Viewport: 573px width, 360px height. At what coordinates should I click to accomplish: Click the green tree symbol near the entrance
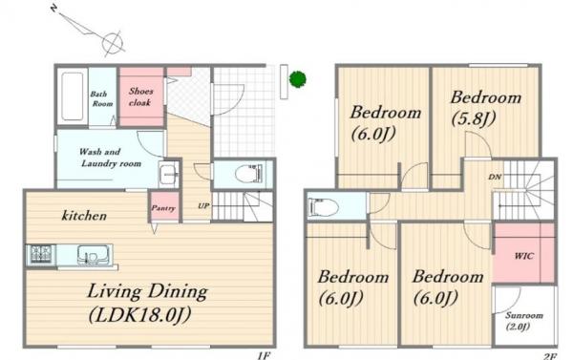(x=297, y=79)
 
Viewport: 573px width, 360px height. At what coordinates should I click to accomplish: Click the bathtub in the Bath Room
(x=72, y=96)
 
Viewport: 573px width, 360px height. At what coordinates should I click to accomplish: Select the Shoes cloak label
(x=140, y=96)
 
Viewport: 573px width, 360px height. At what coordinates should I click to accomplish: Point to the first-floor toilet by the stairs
(x=249, y=173)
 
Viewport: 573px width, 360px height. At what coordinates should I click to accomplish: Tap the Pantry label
(x=163, y=208)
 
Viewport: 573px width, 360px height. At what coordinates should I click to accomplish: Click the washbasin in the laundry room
(x=169, y=174)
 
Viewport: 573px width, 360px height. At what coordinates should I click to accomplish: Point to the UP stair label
(x=203, y=205)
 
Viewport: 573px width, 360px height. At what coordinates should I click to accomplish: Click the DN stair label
(x=495, y=178)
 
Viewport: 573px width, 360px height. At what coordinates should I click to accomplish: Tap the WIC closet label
(x=524, y=256)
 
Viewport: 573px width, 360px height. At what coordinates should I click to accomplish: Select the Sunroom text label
(x=524, y=315)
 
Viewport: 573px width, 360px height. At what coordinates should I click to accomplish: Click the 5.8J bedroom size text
(x=474, y=118)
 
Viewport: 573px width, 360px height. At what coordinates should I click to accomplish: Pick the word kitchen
(x=84, y=216)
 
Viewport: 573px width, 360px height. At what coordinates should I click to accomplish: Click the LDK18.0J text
(x=139, y=315)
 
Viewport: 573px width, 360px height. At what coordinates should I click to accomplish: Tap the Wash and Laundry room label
(x=111, y=158)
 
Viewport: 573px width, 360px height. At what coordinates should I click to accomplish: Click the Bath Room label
(x=101, y=98)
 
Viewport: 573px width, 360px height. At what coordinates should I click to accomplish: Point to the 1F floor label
(x=264, y=355)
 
